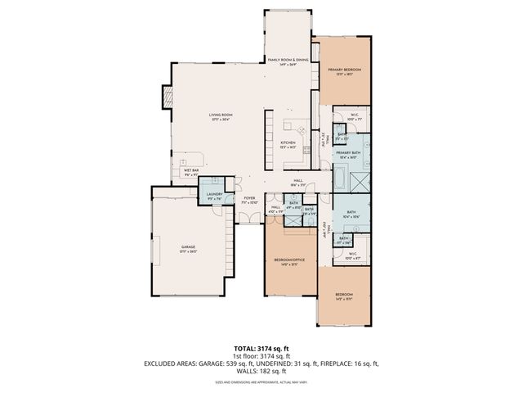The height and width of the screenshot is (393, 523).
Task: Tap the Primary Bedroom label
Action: [345, 70]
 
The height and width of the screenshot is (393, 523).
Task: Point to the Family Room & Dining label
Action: [288, 60]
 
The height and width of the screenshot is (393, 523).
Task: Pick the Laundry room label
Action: [215, 193]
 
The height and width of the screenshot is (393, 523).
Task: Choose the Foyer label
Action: [249, 197]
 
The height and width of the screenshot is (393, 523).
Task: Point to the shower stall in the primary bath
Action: [357, 177]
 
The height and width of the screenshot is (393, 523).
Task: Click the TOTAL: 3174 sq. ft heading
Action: [261, 348]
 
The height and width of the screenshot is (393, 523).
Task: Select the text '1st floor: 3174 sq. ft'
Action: [261, 356]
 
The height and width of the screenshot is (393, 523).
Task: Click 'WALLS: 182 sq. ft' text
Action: [261, 371]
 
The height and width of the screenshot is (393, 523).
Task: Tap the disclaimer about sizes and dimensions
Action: [261, 382]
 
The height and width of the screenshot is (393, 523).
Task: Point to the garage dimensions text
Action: [188, 251]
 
